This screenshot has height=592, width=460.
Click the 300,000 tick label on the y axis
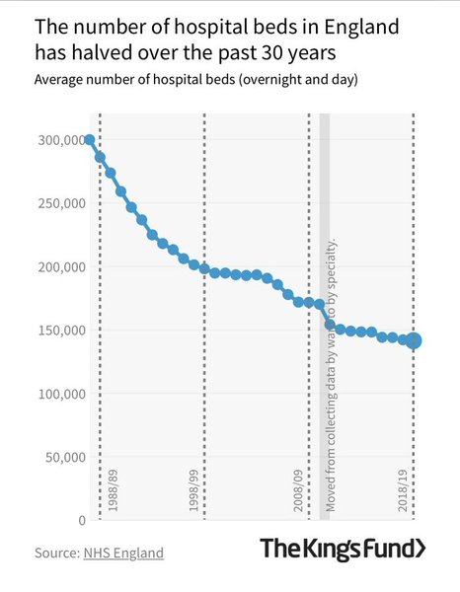coord(58,140)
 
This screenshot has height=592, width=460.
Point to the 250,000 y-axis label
coord(58,203)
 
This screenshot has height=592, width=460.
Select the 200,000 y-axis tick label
coord(58,266)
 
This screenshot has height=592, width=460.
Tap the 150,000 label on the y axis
coord(58,330)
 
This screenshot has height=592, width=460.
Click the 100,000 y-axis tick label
coord(58,393)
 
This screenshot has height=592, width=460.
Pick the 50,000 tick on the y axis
coord(62,456)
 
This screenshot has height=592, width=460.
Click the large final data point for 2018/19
coord(414,340)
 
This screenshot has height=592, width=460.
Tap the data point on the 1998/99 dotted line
coord(204,268)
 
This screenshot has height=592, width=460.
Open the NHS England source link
coord(123,553)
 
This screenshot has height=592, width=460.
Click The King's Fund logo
coord(343,549)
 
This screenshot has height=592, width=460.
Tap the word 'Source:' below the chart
coord(56,553)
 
